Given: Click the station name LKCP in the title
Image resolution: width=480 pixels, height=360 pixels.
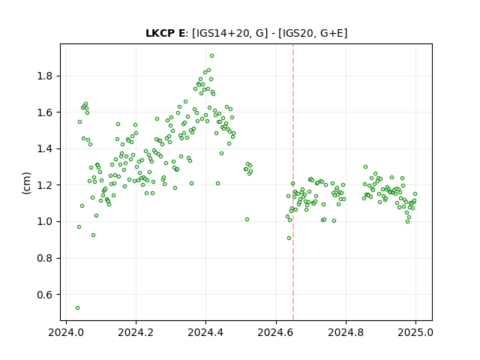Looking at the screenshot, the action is (160, 33).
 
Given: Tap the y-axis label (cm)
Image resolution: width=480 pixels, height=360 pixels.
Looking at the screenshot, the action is (27, 183).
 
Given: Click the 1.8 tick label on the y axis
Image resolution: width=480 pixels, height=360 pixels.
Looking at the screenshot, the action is (45, 76).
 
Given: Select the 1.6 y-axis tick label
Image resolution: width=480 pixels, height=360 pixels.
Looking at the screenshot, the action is (45, 112).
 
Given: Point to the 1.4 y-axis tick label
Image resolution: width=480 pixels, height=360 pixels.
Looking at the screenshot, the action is (45, 148).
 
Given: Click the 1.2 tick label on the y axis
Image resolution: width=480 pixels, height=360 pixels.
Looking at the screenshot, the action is (45, 185).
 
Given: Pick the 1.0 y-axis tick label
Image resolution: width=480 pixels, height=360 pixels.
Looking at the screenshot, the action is (45, 222).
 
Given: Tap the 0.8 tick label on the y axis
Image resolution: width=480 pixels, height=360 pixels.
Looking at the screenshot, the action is (45, 258).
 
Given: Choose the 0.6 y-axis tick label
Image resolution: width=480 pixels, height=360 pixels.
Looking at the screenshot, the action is (45, 295).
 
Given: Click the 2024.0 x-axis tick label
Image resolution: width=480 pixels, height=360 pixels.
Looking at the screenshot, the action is (66, 332).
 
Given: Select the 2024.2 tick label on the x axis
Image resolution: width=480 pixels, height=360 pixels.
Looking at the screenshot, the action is (136, 332).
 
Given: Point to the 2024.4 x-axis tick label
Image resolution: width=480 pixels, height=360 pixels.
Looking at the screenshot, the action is (205, 332).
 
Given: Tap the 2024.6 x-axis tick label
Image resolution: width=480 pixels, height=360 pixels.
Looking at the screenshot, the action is (275, 332).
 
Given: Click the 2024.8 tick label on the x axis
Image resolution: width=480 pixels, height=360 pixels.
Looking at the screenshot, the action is (346, 332).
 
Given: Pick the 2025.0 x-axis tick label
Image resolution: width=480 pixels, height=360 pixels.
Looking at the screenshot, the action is (415, 332).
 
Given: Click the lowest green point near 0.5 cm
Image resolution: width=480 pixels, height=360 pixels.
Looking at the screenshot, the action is (77, 308).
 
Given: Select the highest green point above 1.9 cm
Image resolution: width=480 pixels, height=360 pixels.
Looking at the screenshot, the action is (211, 56).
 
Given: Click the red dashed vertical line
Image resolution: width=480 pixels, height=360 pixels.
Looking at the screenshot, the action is (293, 182).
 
